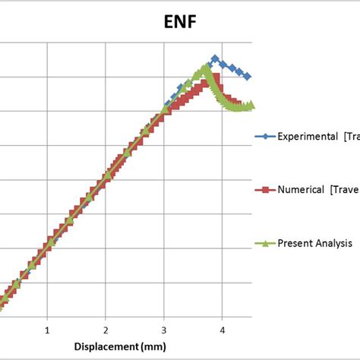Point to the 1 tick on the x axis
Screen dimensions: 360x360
tap(47, 331)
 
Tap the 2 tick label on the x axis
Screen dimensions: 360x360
tap(106, 331)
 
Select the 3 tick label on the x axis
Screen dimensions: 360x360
tap(163, 331)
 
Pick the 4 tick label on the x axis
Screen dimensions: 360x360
tap(222, 331)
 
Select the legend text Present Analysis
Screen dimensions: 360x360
tap(314, 244)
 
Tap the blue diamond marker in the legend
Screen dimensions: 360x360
tap(264, 137)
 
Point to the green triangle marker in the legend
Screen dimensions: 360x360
tap(264, 244)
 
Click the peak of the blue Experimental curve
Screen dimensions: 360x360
tap(215, 58)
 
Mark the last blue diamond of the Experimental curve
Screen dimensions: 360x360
tap(248, 77)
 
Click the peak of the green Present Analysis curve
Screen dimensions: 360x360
tap(206, 67)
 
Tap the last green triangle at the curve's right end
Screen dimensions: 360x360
tap(251, 105)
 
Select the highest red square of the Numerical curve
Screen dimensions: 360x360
tap(215, 77)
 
